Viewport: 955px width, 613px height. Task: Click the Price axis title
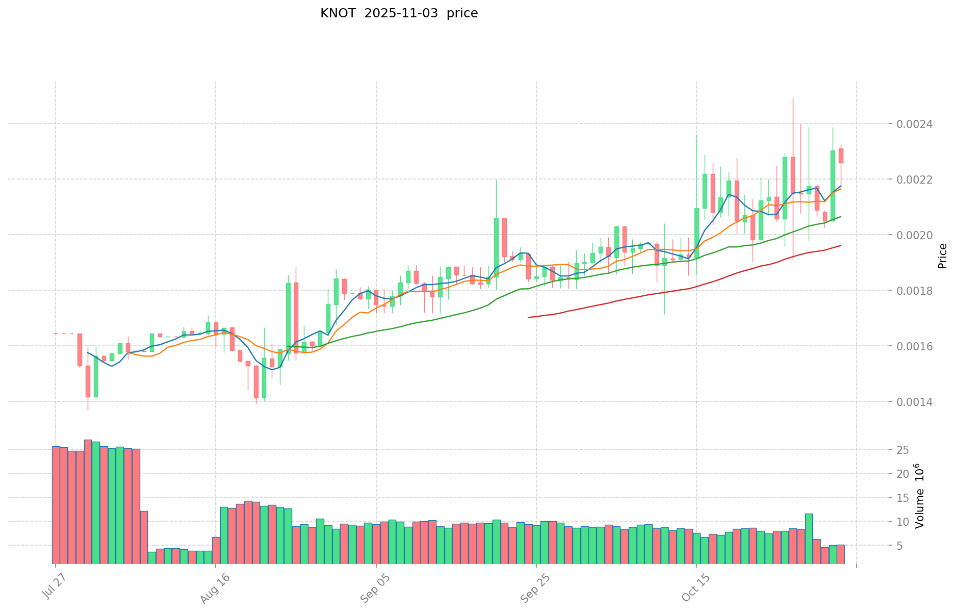pos(942,256)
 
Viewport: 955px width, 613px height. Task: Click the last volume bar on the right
pos(840,554)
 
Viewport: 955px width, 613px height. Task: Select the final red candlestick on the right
pos(841,156)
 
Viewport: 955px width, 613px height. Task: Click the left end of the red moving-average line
pos(529,317)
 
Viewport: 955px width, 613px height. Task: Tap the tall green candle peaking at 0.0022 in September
pos(496,248)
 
